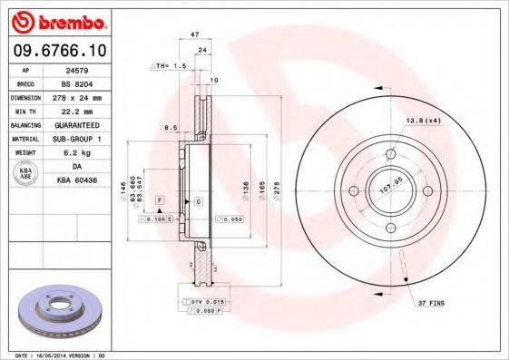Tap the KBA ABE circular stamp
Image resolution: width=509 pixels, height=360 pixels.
pyautogui.click(x=24, y=173)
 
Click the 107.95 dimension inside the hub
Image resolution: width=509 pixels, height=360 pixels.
pyautogui.click(x=391, y=191)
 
